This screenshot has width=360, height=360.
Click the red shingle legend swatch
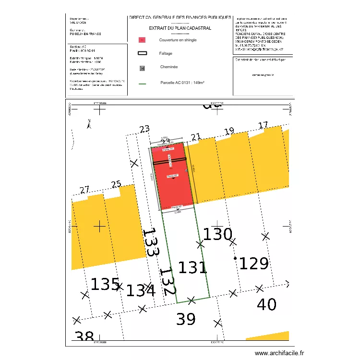[x=142, y=40]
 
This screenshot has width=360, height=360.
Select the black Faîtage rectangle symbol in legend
[x=142, y=54]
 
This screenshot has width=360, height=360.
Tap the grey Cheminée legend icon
[x=142, y=68]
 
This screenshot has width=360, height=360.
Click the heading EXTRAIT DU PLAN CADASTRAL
[x=180, y=28]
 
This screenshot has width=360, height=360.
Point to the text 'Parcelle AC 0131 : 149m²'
[x=182, y=83]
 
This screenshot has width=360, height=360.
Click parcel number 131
[x=192, y=267]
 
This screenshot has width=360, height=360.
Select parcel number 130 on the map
[x=217, y=235]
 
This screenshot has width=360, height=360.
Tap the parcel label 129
[x=254, y=264]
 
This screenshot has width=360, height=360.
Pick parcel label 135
[x=105, y=284]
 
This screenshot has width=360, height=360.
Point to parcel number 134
[x=141, y=290]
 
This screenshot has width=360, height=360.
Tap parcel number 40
[x=267, y=304]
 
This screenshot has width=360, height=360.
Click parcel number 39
[x=185, y=319]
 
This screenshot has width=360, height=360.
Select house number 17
[x=263, y=126]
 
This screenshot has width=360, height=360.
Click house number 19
[x=229, y=131]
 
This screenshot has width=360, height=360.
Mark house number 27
[x=84, y=190]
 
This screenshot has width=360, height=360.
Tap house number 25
[x=116, y=184]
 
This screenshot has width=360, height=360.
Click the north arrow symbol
[x=89, y=124]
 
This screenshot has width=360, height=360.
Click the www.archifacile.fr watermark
[x=279, y=353]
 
